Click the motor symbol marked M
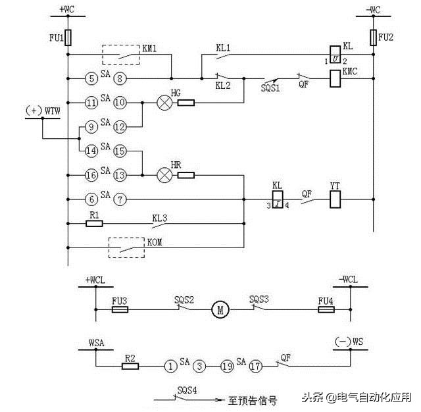[x=218, y=308]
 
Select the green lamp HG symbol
[x=162, y=103]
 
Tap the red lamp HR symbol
[x=162, y=175]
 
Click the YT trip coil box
[x=334, y=197]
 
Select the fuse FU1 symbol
[x=68, y=36]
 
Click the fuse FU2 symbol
[x=373, y=36]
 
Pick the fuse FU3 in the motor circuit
[x=120, y=308]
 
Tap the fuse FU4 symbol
[x=326, y=308]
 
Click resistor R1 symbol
[x=95, y=223]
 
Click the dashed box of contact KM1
[x=120, y=55]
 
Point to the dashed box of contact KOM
[x=127, y=248]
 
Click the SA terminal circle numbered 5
[x=91, y=78]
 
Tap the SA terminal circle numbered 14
[x=91, y=151]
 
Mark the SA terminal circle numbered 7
[x=120, y=198]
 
